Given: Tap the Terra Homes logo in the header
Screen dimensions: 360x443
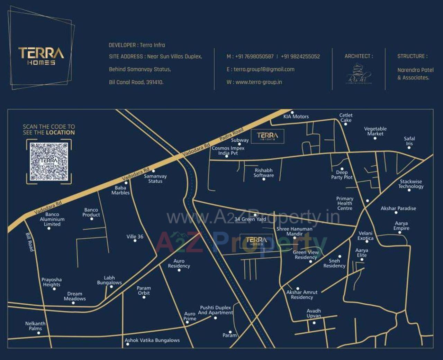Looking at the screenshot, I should (x=41, y=56).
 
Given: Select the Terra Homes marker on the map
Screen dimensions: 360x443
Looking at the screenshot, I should (x=256, y=241).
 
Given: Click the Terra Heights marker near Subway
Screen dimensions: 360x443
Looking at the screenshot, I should (x=267, y=137).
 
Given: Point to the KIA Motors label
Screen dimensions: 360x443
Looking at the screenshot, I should (x=296, y=117).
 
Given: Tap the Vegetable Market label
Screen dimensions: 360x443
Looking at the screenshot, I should (x=375, y=131).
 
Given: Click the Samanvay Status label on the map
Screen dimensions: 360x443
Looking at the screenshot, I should (x=155, y=178).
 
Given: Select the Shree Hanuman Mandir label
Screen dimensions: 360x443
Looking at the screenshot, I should (x=294, y=231).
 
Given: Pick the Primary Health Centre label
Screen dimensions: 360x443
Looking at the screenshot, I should (x=345, y=203).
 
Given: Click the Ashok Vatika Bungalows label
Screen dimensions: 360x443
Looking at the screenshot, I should (x=152, y=340).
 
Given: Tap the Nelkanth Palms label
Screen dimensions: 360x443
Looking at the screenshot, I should (x=35, y=326).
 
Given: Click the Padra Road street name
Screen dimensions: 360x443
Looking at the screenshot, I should (x=232, y=135).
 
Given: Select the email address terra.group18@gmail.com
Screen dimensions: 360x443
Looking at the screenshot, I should (x=264, y=69).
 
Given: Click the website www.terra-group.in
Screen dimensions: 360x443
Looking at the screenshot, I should (x=259, y=82).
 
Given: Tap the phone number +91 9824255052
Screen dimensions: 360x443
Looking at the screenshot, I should (x=300, y=56).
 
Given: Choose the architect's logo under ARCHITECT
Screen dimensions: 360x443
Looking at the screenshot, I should (x=359, y=74).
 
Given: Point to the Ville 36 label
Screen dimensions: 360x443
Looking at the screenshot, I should (x=135, y=237).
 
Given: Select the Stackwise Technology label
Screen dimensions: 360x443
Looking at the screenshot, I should (x=411, y=184).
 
